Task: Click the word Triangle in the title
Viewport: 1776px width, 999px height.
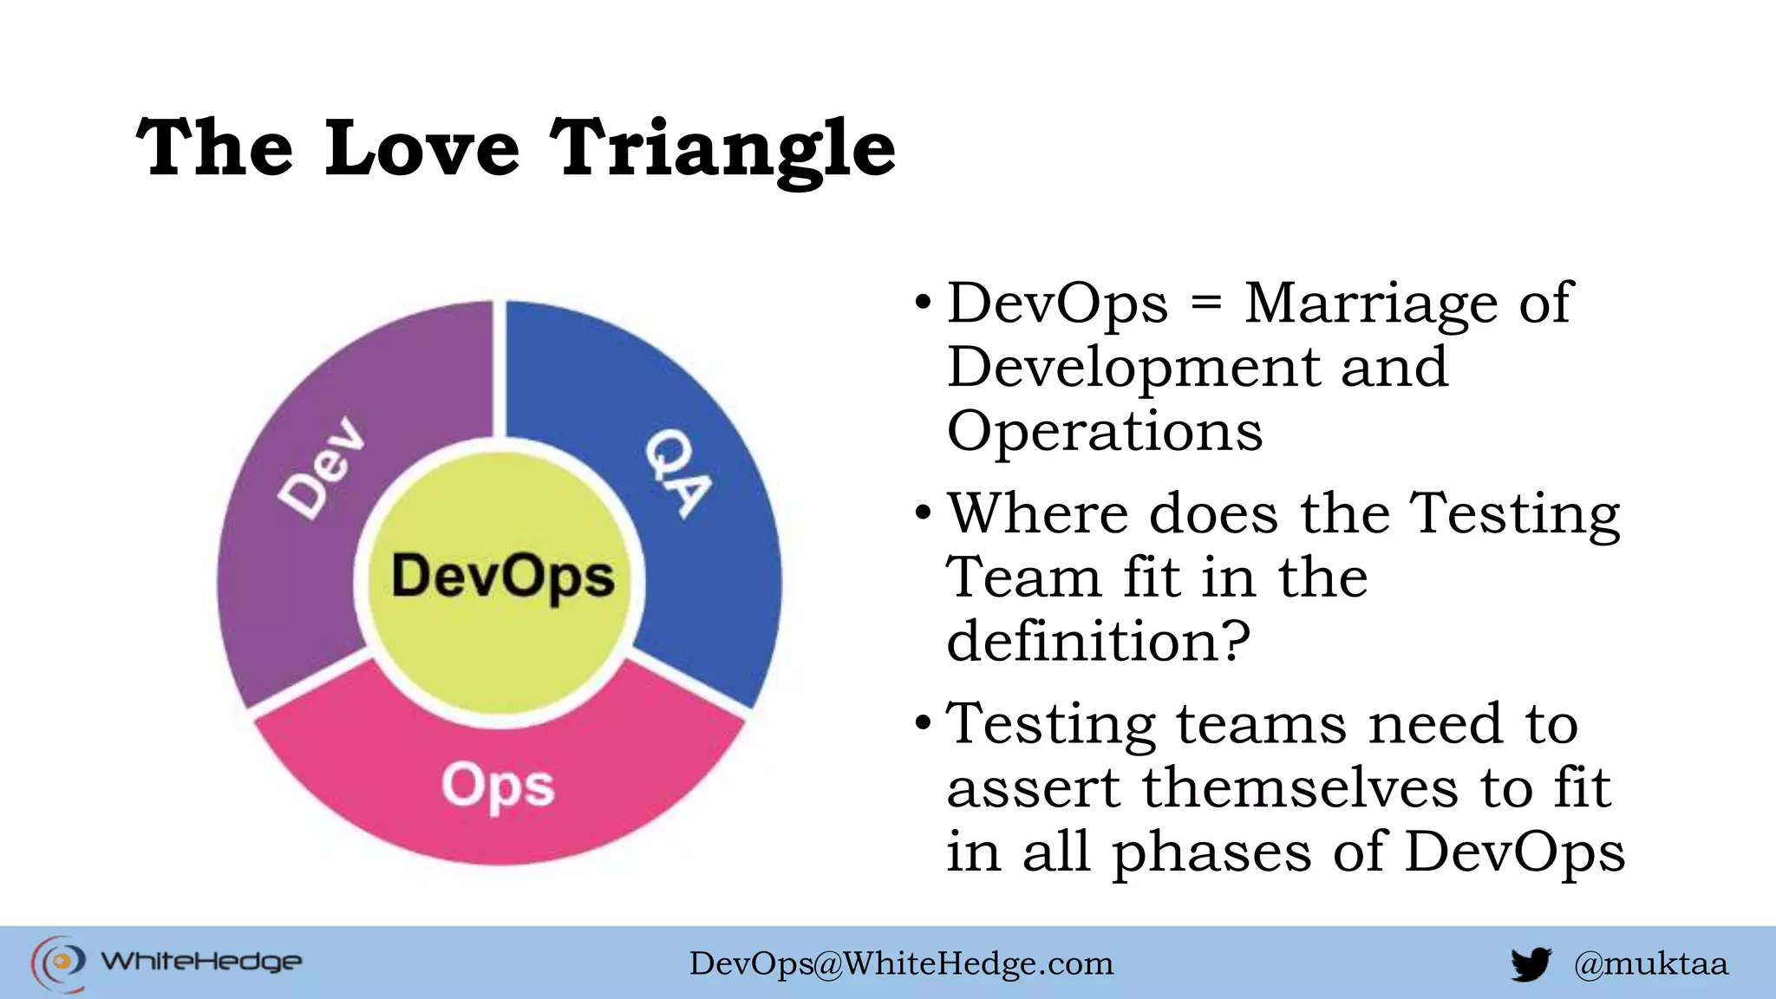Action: point(722,149)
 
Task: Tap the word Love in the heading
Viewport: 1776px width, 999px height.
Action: point(422,149)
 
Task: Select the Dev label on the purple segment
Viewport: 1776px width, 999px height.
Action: point(322,468)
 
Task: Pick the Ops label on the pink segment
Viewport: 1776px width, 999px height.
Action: point(497,787)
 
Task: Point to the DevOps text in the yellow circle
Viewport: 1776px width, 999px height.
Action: point(502,578)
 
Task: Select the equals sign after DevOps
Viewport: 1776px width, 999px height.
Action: point(1206,304)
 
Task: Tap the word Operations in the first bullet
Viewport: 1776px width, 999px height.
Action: point(1105,431)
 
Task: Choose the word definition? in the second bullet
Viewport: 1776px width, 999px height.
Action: point(1098,642)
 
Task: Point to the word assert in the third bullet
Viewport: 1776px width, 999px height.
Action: point(1034,788)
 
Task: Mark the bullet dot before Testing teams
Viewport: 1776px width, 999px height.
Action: point(923,723)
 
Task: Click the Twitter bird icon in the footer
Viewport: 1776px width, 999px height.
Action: point(1531,963)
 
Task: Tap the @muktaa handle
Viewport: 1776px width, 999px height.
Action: point(1650,963)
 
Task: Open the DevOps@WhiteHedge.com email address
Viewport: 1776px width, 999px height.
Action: point(901,963)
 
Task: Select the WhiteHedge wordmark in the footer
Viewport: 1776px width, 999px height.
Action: point(201,962)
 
